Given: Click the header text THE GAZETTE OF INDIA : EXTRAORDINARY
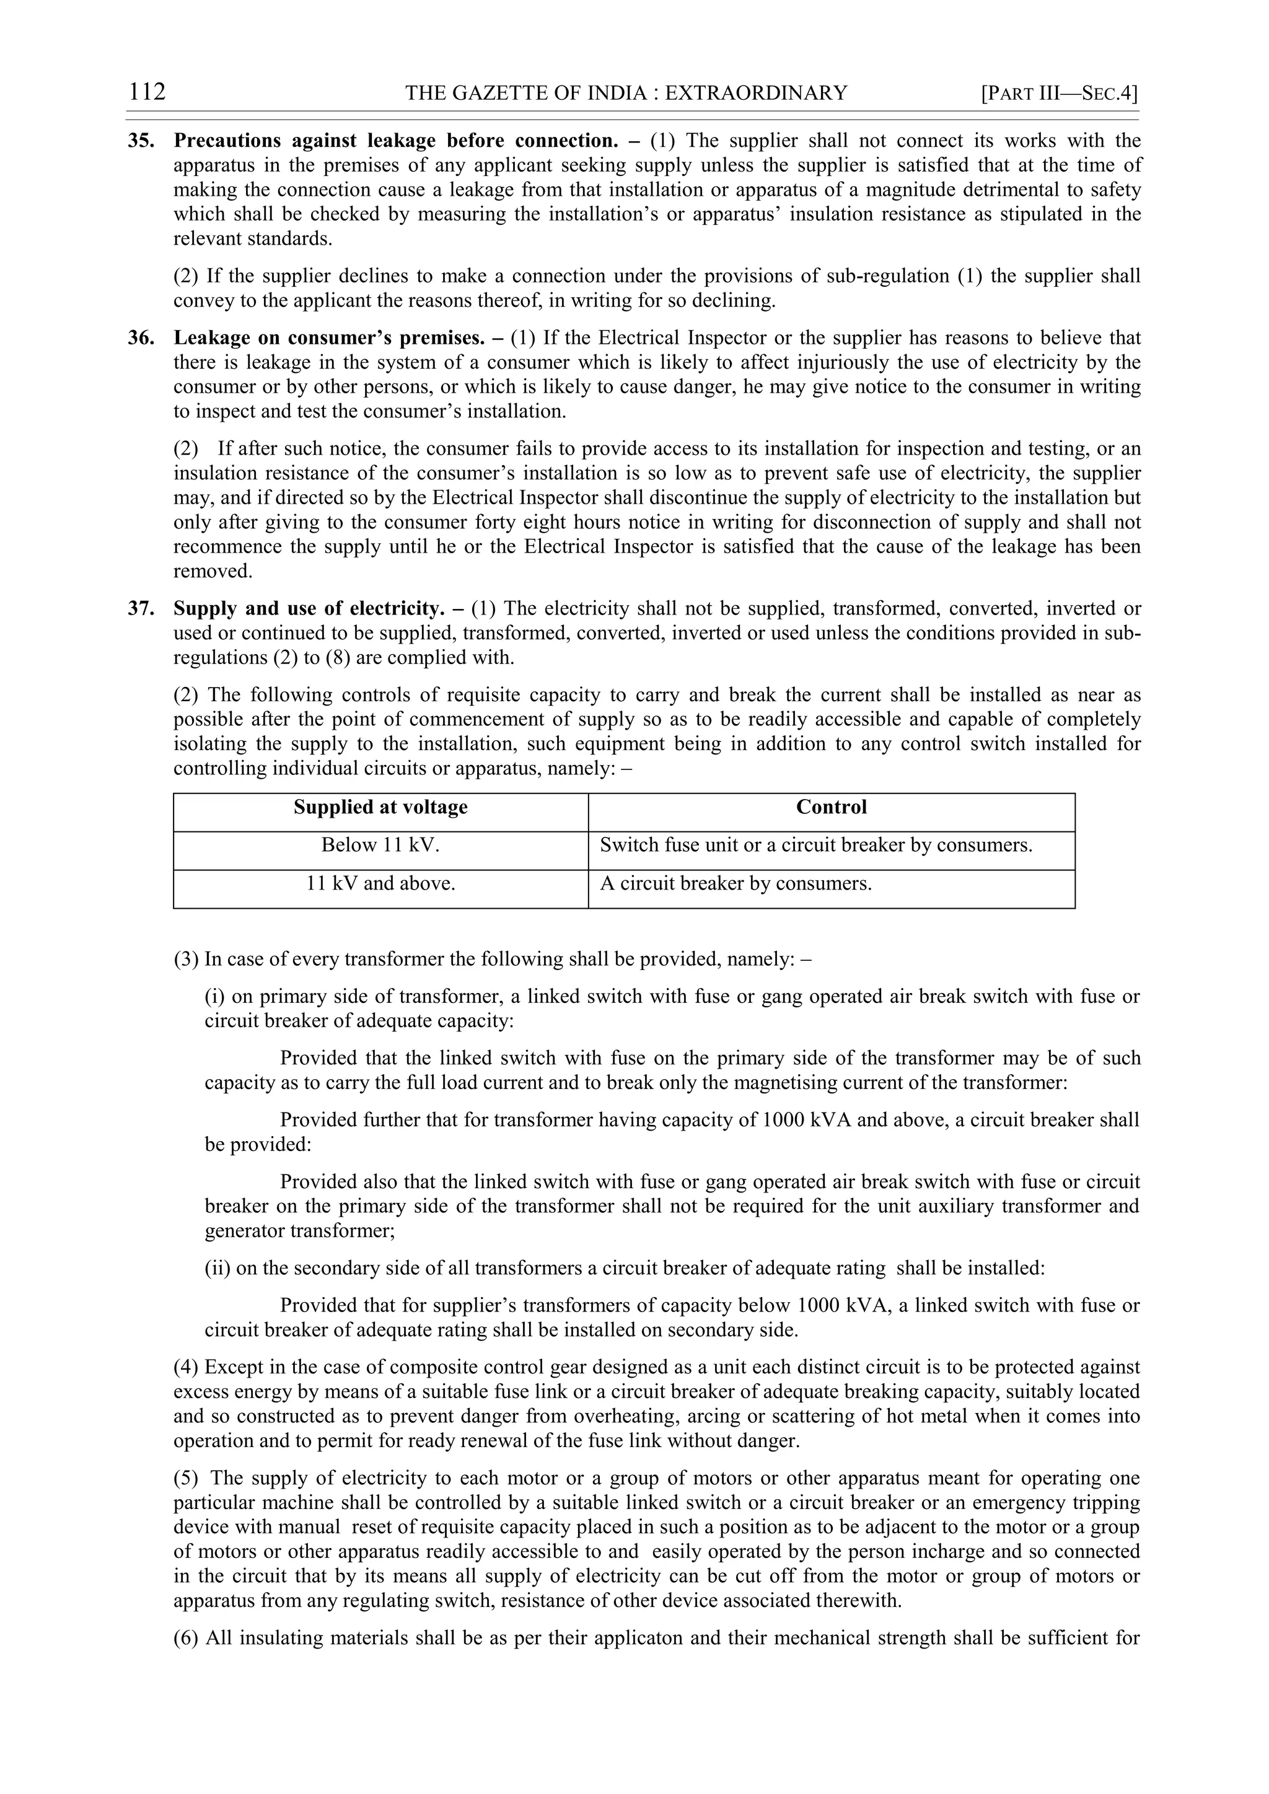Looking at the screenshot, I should (x=626, y=94).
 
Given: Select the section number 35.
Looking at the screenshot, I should (x=141, y=141).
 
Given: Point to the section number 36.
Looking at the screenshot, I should (x=141, y=338).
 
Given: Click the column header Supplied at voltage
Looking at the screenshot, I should (x=380, y=807).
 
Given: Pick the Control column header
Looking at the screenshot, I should (x=831, y=807).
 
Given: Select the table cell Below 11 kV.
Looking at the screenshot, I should (x=380, y=846).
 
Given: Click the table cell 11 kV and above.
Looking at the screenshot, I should (x=380, y=884).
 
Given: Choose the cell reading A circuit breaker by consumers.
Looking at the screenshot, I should (x=735, y=884).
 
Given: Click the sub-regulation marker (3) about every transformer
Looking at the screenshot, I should (x=187, y=960).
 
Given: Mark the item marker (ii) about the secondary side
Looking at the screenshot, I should (x=217, y=1268).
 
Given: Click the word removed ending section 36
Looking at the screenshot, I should (x=212, y=571).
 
